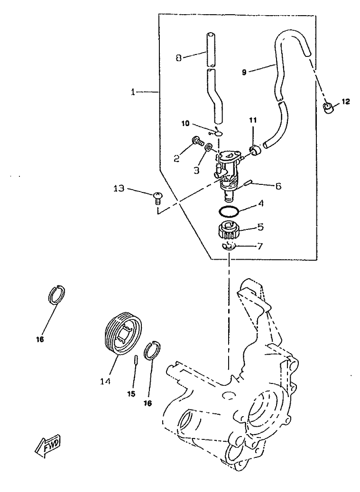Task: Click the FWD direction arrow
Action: [48, 446]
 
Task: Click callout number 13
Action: [119, 189]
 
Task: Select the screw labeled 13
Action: [158, 199]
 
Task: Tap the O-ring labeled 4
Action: [229, 211]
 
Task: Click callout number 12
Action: [345, 101]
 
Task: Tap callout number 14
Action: [105, 381]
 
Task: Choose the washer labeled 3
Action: [208, 147]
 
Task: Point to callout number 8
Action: [179, 58]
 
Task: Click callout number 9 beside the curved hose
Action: [244, 73]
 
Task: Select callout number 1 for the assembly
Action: [133, 92]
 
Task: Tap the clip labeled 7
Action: [228, 246]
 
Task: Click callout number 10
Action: [185, 123]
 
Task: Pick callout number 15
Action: [131, 393]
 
